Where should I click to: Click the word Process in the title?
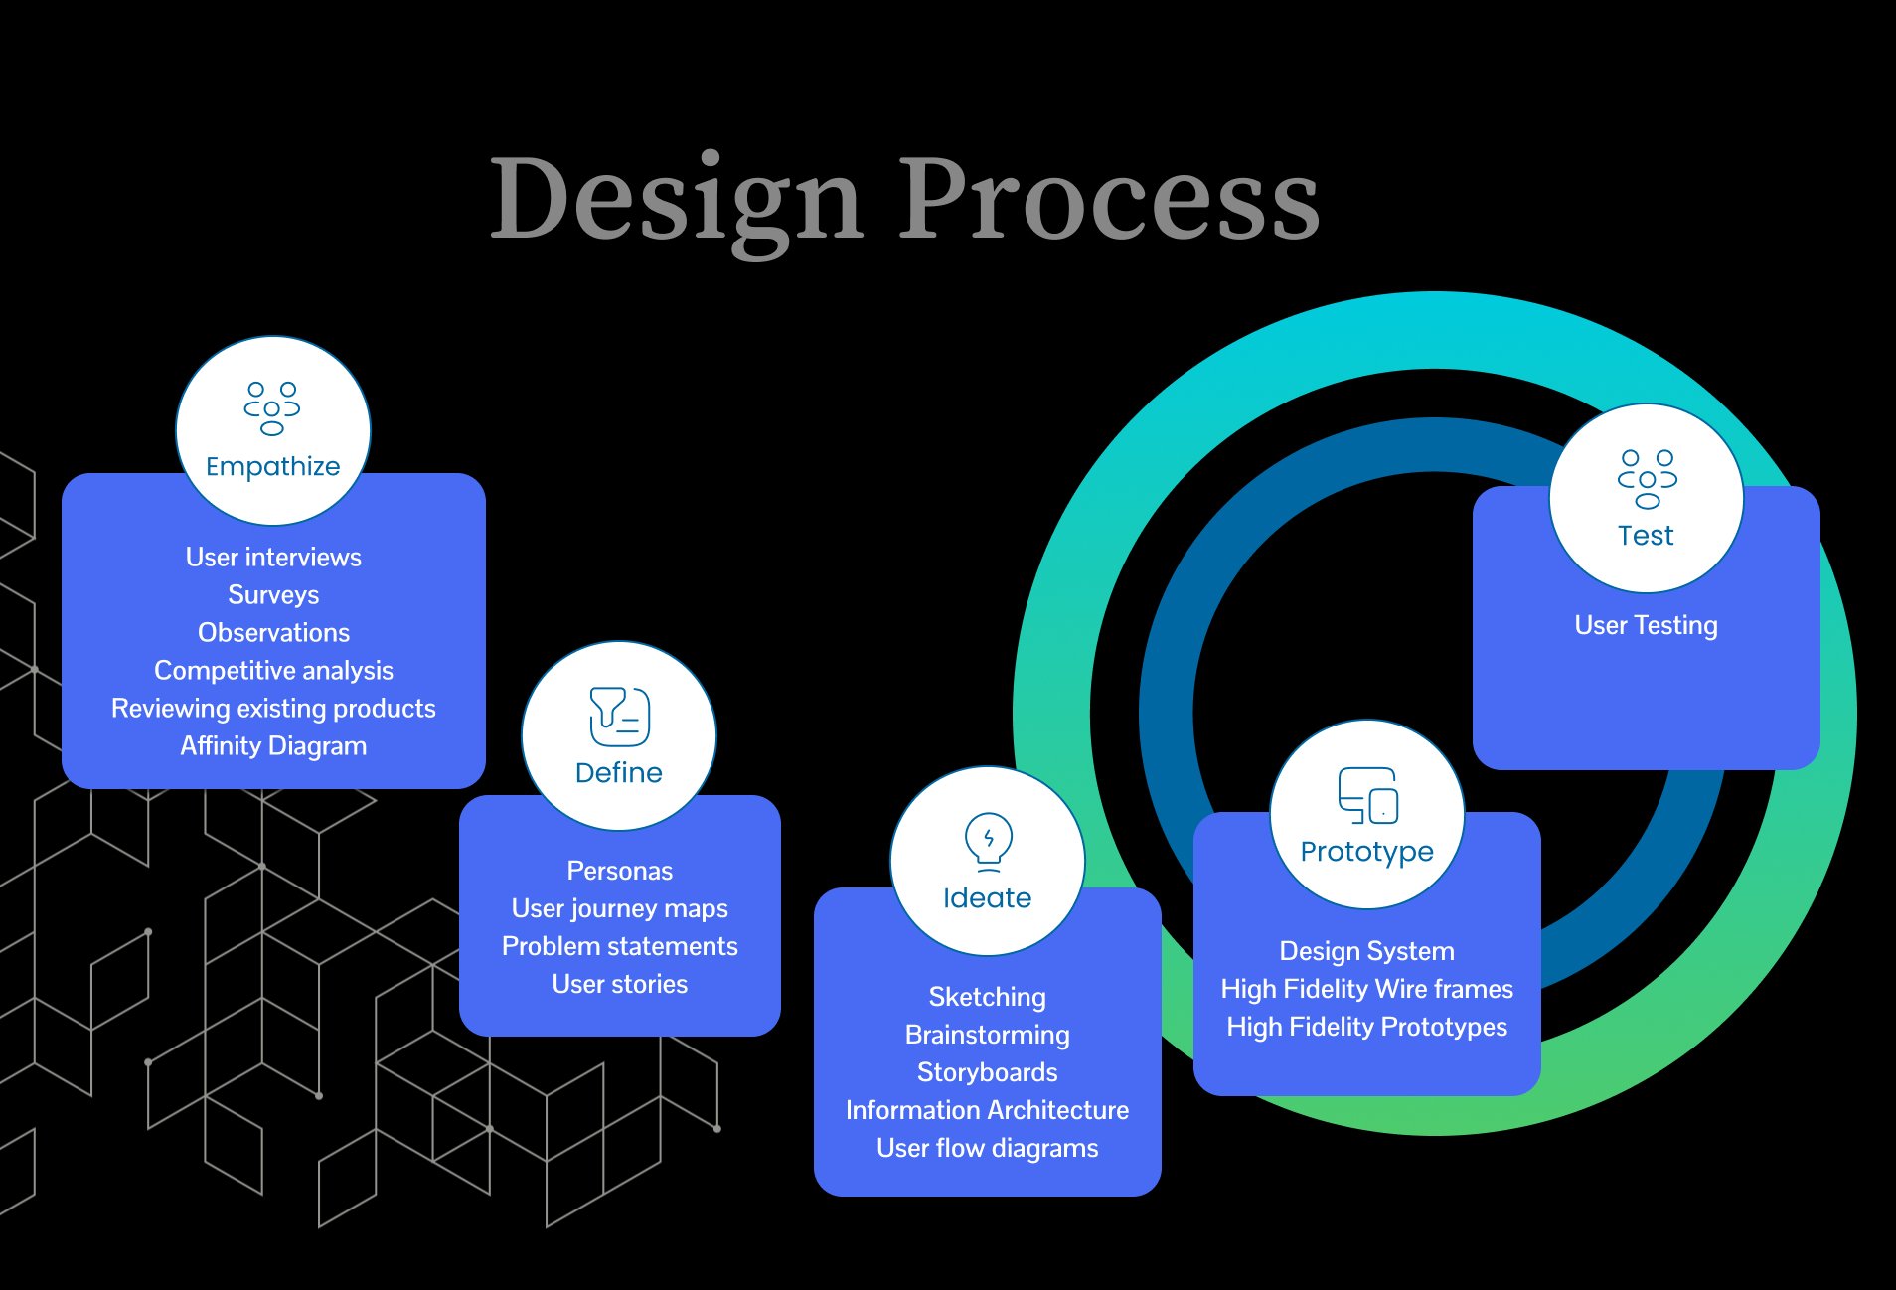[1109, 200]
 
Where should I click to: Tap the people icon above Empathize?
[272, 408]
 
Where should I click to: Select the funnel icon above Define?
[619, 716]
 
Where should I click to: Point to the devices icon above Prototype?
[1367, 795]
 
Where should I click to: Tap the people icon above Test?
[1647, 479]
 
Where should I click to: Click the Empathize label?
[272, 466]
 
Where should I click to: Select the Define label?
[619, 772]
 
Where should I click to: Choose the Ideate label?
[987, 897]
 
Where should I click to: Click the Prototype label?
[1366, 851]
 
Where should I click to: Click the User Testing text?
[1646, 625]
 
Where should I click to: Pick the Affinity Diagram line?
[273, 745]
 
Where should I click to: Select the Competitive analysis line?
[273, 670]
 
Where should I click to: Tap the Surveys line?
[273, 594]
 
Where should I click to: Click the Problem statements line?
[619, 946]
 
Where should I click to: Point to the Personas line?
[619, 871]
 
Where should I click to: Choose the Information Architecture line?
[987, 1110]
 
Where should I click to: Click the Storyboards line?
[987, 1072]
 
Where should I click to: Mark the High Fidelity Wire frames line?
[1366, 989]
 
